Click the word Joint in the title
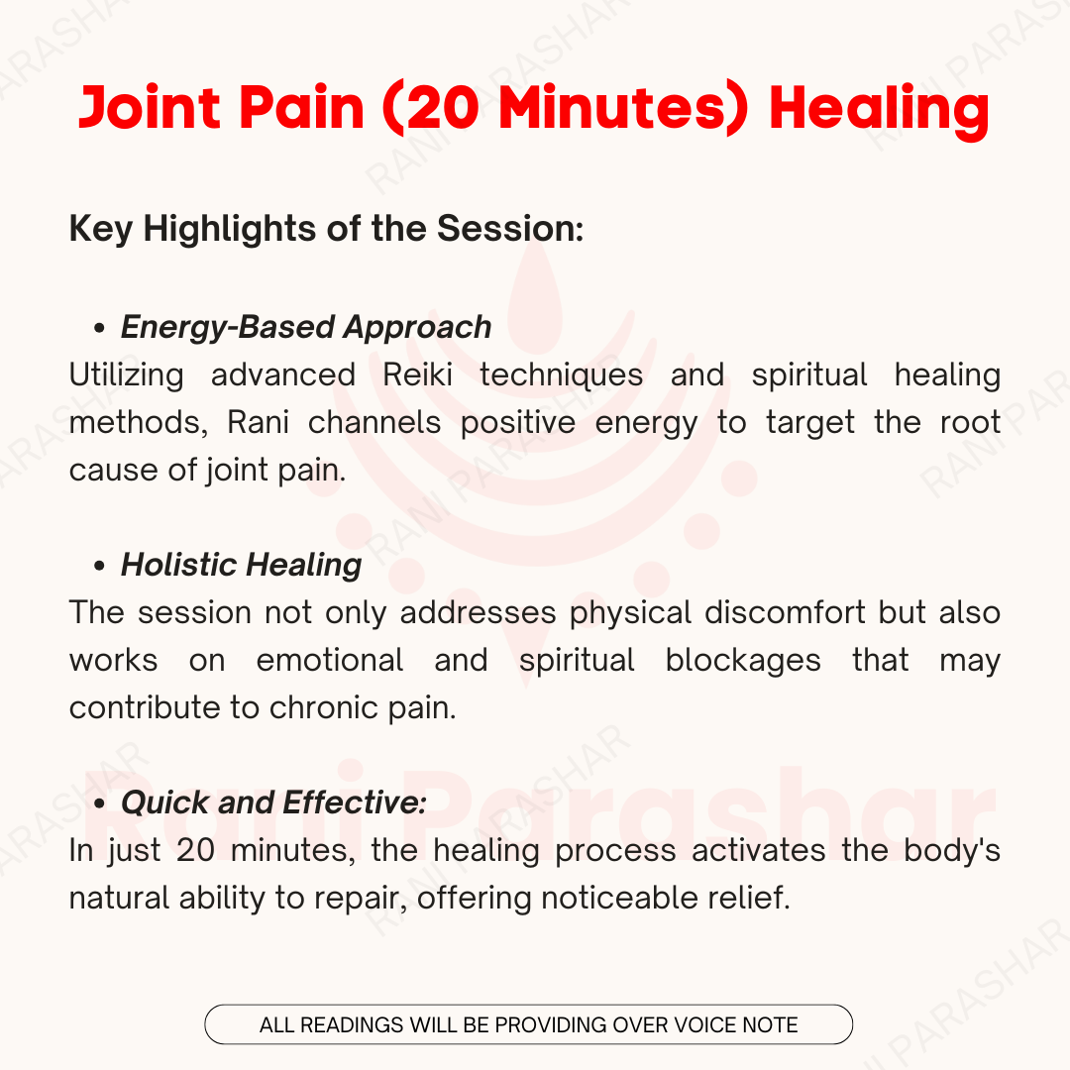pyautogui.click(x=150, y=108)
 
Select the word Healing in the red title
pyautogui.click(x=880, y=111)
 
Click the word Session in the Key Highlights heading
pyautogui.click(x=510, y=228)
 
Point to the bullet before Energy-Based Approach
pyautogui.click(x=100, y=328)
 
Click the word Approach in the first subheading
pyautogui.click(x=417, y=328)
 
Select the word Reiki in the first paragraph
pyautogui.click(x=417, y=374)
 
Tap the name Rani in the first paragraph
pyautogui.click(x=258, y=422)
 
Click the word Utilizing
pyautogui.click(x=126, y=374)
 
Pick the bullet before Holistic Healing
pyautogui.click(x=100, y=566)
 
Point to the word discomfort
pyautogui.click(x=786, y=612)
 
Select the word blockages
pyautogui.click(x=743, y=661)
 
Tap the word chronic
pyautogui.click(x=323, y=707)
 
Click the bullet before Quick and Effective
pyautogui.click(x=100, y=803)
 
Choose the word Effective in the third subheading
pyautogui.click(x=355, y=802)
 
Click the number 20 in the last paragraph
pyautogui.click(x=196, y=850)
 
